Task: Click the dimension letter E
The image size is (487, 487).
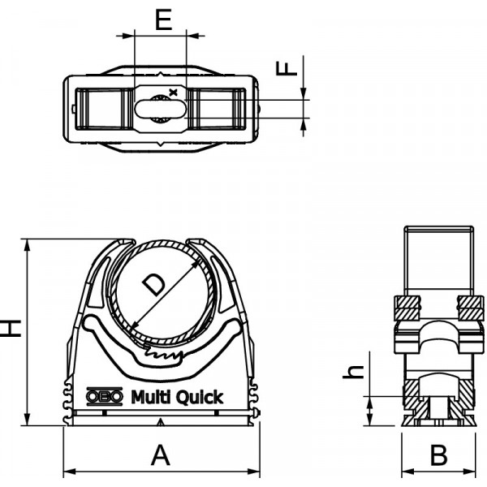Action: pos(163,19)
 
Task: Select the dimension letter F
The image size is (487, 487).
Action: pos(287,69)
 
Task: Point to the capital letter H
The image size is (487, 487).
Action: pos(11,328)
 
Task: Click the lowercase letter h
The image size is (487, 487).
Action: pos(353,372)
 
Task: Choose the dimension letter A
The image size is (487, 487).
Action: pos(161,455)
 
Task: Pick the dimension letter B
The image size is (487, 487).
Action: pos(439,455)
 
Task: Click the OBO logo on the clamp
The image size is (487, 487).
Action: pos(105,397)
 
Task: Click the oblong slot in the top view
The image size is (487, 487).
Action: pos(161,109)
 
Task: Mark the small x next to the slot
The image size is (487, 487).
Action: pos(174,92)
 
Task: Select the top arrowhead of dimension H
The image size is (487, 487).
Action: pos(28,245)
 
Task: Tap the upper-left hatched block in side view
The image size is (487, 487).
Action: pos(407,308)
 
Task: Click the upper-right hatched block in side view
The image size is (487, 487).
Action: pos(471,308)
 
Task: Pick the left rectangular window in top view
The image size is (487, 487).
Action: pos(105,109)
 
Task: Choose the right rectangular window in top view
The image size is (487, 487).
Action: pos(217,109)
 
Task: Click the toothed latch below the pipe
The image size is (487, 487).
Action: pos(162,355)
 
